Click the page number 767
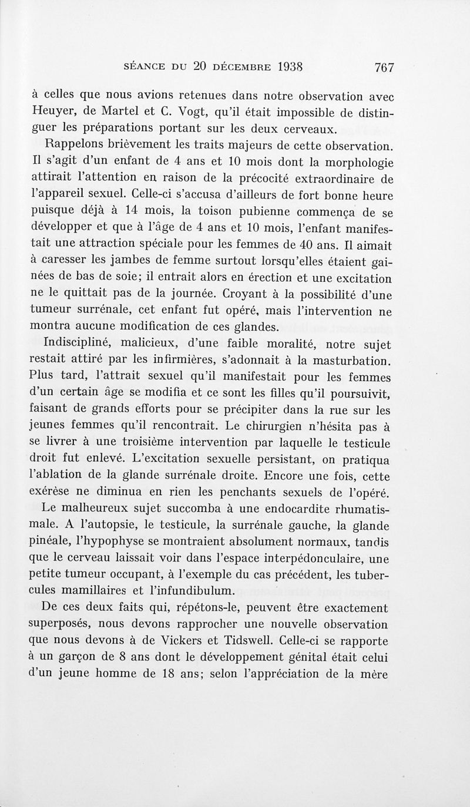(382, 66)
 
